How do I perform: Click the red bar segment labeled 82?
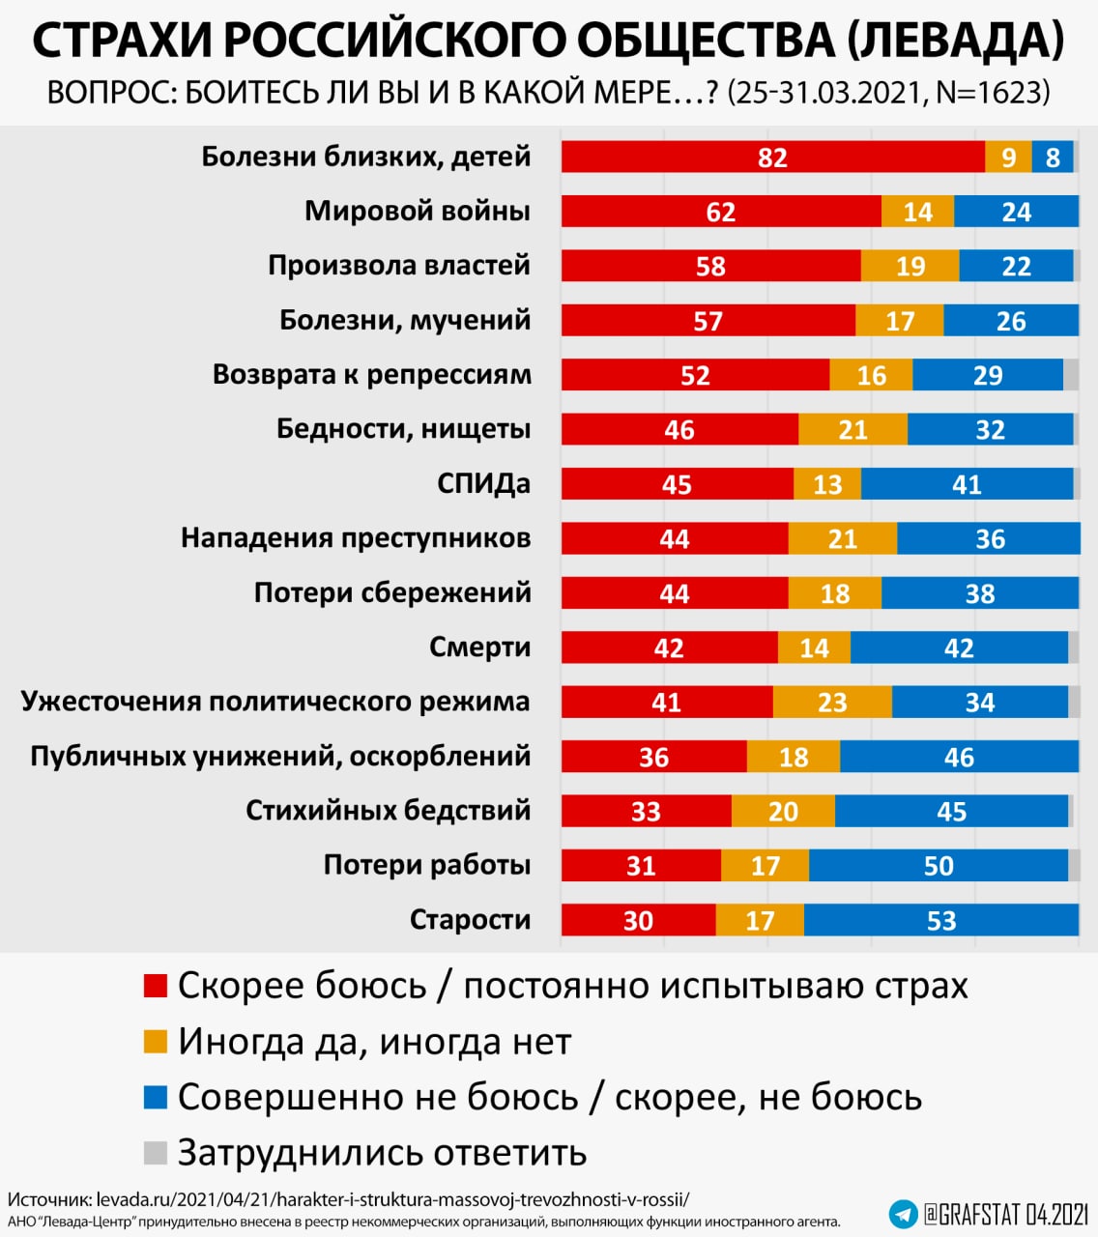point(772,157)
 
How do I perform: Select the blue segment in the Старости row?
point(940,920)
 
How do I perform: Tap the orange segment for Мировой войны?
point(917,212)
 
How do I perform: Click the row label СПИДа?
point(483,483)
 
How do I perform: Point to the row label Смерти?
point(479,647)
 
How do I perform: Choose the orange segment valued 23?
point(832,702)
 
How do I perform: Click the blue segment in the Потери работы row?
point(938,865)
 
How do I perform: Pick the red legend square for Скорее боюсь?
point(155,986)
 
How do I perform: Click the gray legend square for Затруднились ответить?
point(155,1152)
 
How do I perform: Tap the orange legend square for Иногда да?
point(155,1042)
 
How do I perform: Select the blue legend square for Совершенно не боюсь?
point(155,1097)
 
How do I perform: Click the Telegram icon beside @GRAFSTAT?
point(903,1213)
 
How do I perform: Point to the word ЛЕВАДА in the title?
point(955,41)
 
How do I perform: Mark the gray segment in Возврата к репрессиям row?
point(1071,375)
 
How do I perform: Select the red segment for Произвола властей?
point(710,266)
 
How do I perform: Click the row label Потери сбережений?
point(392,592)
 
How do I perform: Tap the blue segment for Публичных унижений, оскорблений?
point(959,757)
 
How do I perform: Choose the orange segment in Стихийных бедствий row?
point(783,811)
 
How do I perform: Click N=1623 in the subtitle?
point(993,93)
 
